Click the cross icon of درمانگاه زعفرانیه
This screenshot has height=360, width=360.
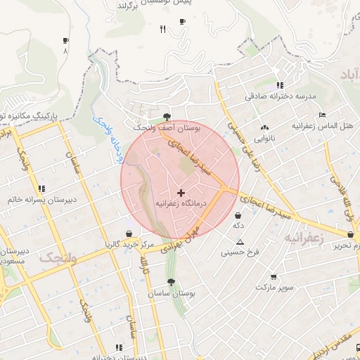(x=181, y=192)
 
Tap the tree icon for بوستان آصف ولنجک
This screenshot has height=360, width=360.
(x=167, y=117)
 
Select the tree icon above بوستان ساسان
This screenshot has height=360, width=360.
(x=171, y=282)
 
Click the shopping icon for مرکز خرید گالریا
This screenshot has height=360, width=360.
(x=129, y=234)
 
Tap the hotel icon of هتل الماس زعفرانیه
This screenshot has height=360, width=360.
(x=322, y=115)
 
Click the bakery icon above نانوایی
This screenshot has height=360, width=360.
(x=264, y=128)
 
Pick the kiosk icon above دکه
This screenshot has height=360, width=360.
(x=238, y=215)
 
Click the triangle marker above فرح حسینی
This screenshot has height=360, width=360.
(x=240, y=241)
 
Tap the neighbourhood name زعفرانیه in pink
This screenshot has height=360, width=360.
(x=304, y=238)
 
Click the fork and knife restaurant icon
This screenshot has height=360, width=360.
(x=163, y=29)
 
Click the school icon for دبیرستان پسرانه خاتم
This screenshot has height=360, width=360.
(x=41, y=188)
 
